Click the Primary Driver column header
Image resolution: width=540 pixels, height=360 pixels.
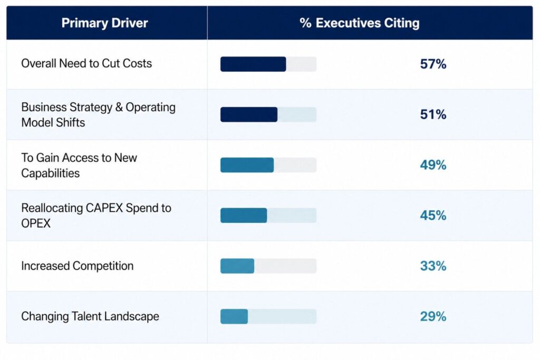click(x=104, y=23)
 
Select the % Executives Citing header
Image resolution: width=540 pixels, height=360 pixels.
click(x=360, y=23)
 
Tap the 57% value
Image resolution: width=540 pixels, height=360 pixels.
click(x=433, y=64)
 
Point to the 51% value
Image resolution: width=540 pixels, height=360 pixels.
click(x=433, y=114)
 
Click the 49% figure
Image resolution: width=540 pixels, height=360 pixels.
click(x=433, y=165)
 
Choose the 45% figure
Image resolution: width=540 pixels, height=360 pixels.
click(x=433, y=216)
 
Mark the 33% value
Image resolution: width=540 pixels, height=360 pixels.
click(x=433, y=266)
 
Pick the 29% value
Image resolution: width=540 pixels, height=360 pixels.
click(x=433, y=316)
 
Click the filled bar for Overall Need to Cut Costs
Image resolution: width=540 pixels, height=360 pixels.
click(x=253, y=64)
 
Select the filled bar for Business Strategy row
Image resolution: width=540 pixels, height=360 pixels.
click(x=249, y=114)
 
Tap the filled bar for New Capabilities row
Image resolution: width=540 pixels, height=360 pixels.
click(x=247, y=165)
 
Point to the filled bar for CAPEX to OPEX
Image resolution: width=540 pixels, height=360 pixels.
click(x=244, y=216)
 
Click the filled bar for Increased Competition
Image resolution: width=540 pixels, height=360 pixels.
click(x=237, y=266)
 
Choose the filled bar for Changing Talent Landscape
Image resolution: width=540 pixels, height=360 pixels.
click(x=234, y=316)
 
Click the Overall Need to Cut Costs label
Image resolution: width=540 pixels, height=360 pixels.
click(x=86, y=64)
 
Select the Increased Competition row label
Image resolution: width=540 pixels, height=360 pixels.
click(x=77, y=266)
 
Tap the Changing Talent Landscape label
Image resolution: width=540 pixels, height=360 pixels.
click(x=90, y=317)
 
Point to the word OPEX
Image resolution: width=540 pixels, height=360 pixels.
click(x=36, y=223)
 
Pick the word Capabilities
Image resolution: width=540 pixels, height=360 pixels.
click(x=50, y=173)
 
